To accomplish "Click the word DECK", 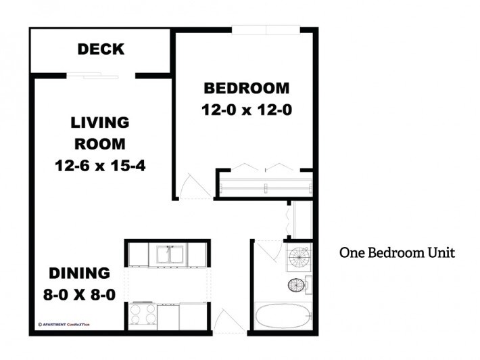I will point(101,49).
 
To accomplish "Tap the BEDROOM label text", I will point(246,89).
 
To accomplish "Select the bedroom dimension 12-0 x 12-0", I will point(246,110).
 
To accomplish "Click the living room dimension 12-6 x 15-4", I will point(99,164).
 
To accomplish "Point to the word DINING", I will point(79,273).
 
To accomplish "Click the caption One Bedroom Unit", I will point(397,252).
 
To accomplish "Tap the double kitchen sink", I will point(169,254).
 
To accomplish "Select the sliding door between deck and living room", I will point(101,75).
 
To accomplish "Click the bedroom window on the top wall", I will point(266,29).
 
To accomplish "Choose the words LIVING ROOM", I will point(99,133).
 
